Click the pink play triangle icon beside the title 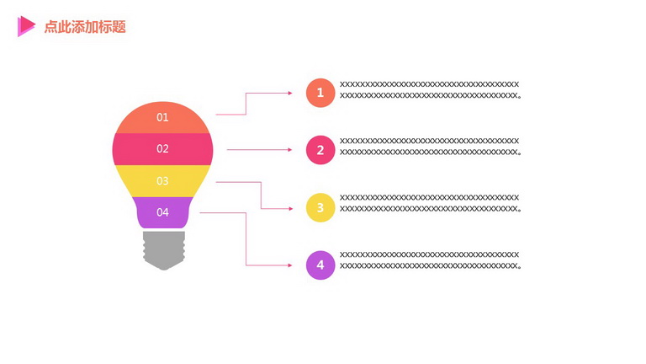pyautogui.click(x=26, y=26)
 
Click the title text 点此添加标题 pyautogui.click(x=85, y=27)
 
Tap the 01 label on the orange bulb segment pyautogui.click(x=162, y=117)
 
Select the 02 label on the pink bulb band pyautogui.click(x=162, y=148)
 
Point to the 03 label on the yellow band pyautogui.click(x=162, y=181)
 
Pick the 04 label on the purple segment pyautogui.click(x=162, y=212)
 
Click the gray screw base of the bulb pyautogui.click(x=164, y=250)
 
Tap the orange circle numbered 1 pyautogui.click(x=320, y=93)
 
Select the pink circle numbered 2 pyautogui.click(x=320, y=150)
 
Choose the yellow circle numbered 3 pyautogui.click(x=320, y=207)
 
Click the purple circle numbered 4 pyautogui.click(x=320, y=265)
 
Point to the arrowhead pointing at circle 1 pyautogui.click(x=290, y=94)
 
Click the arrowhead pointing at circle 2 pyautogui.click(x=290, y=150)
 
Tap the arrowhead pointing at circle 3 pyautogui.click(x=290, y=209)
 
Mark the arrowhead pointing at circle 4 pyautogui.click(x=290, y=265)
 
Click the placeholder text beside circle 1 pyautogui.click(x=430, y=90)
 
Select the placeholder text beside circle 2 pyautogui.click(x=430, y=147)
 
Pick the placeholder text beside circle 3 pyautogui.click(x=430, y=203)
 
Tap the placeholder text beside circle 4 pyautogui.click(x=430, y=260)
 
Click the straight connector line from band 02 pyautogui.click(x=260, y=150)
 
